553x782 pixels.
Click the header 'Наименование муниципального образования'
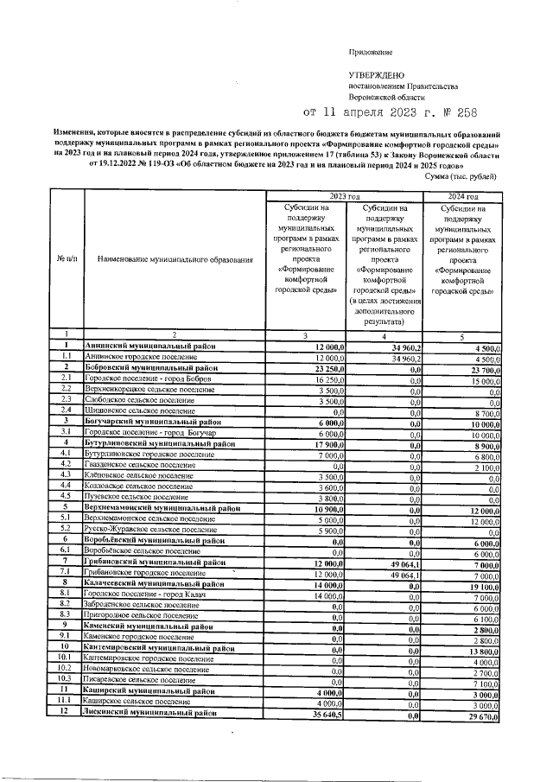pos(175,258)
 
